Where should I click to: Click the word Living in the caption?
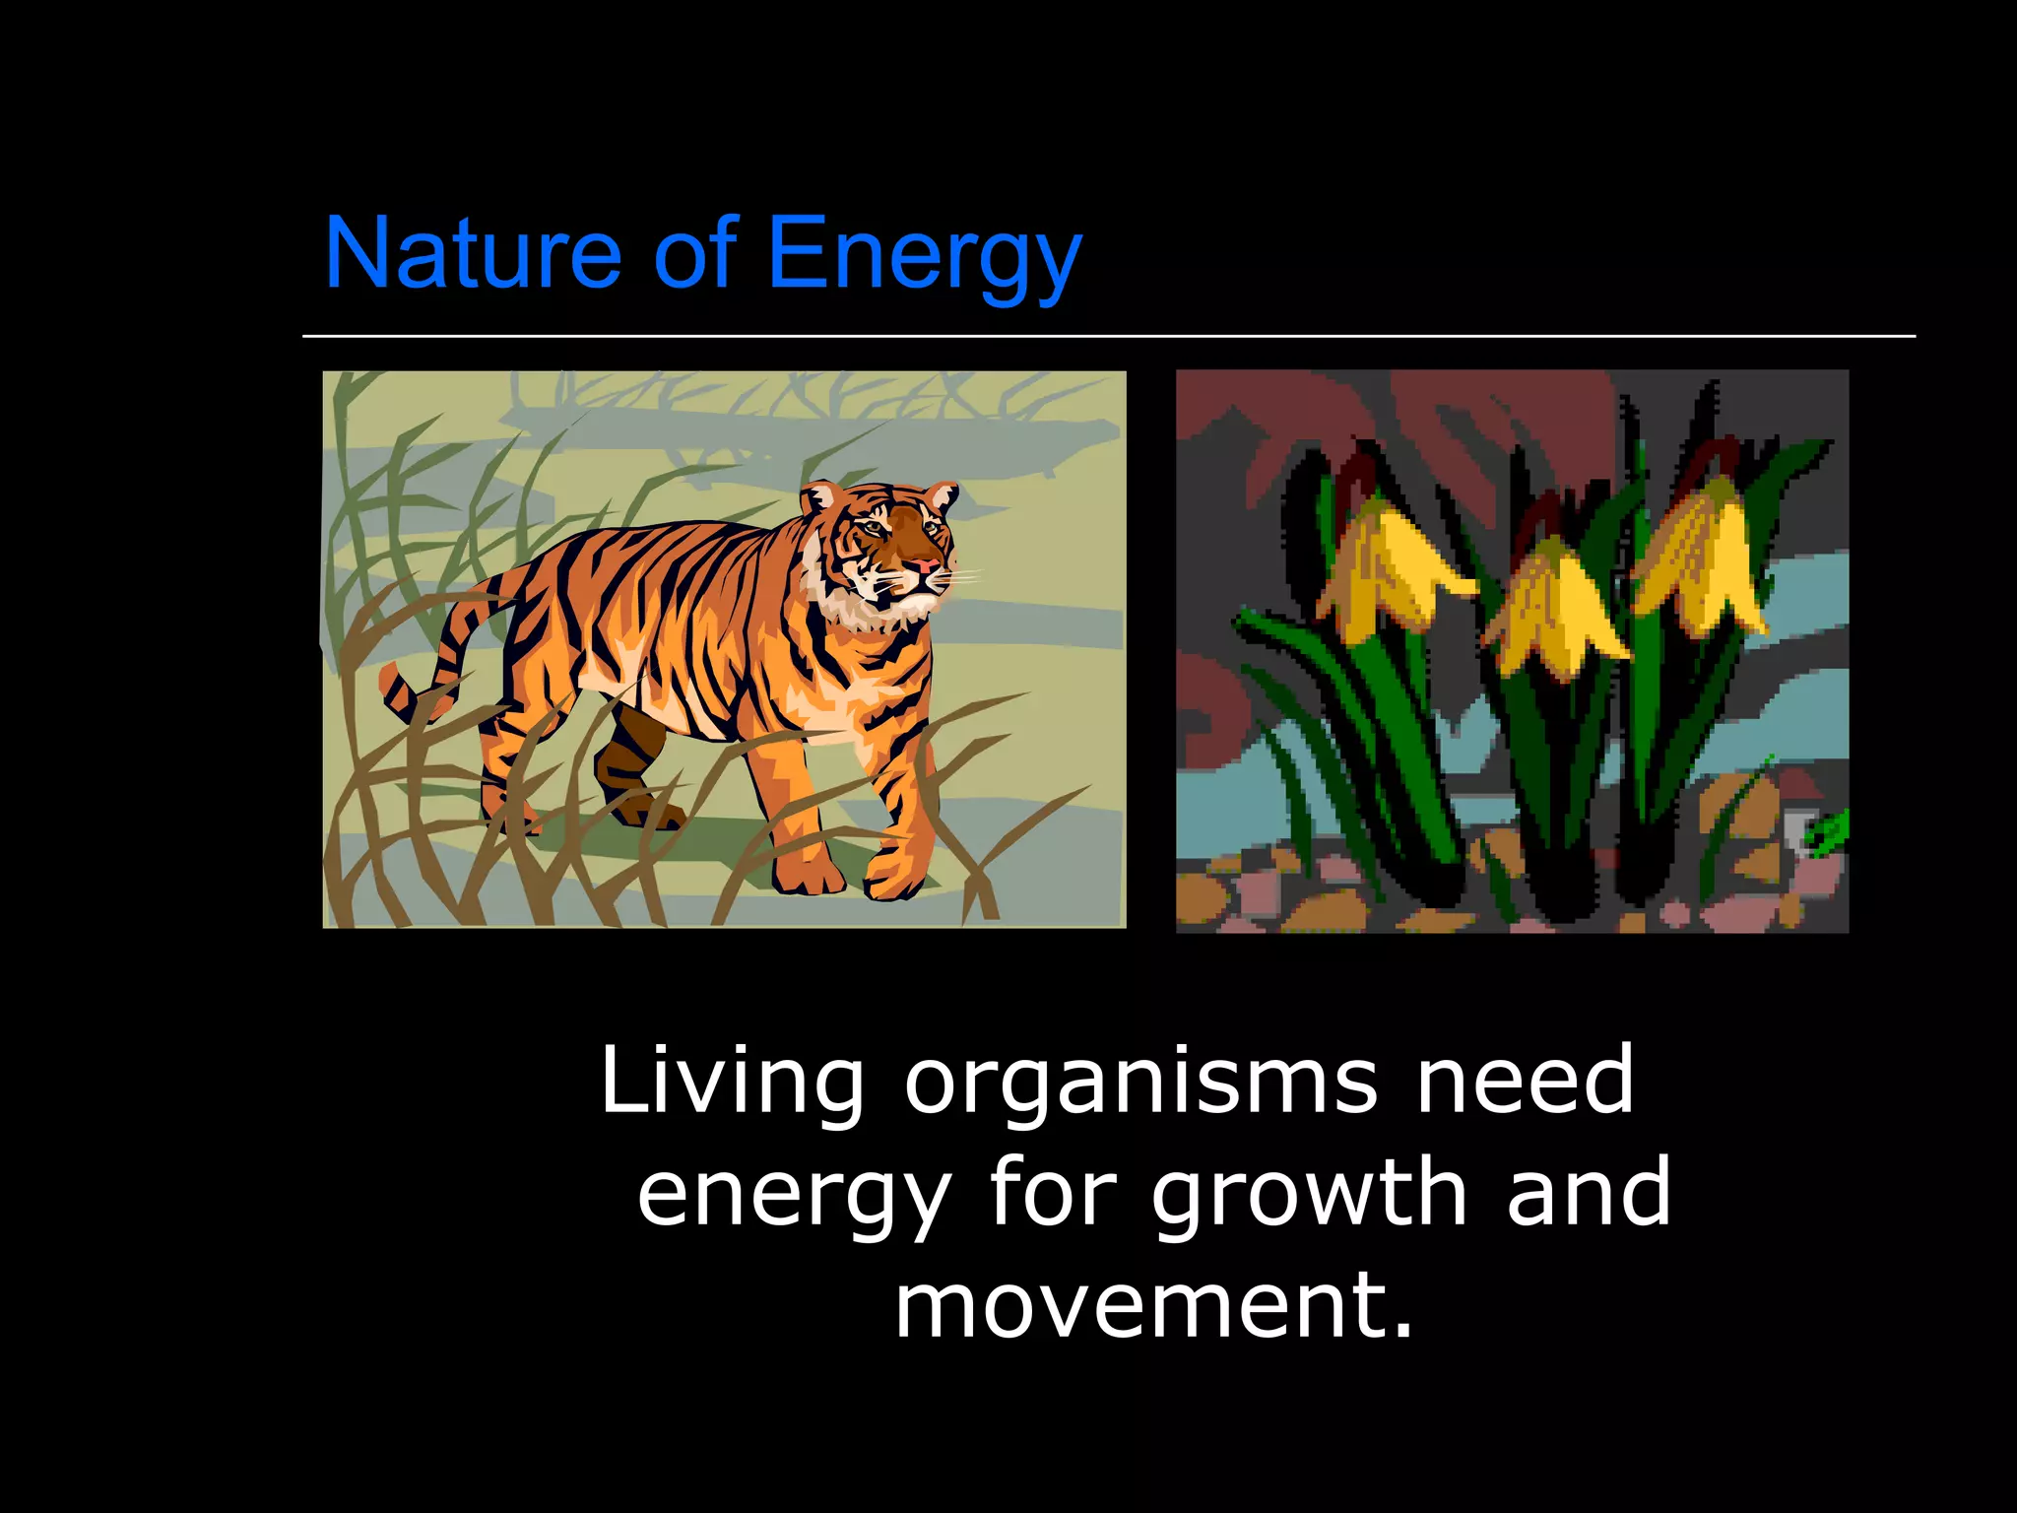pyautogui.click(x=732, y=1082)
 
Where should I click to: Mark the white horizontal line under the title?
pyautogui.click(x=1108, y=336)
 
